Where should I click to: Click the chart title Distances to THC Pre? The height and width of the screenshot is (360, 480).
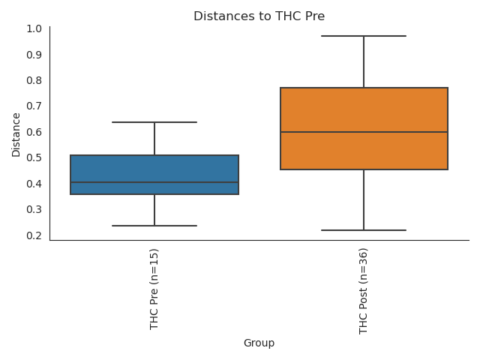coord(259,16)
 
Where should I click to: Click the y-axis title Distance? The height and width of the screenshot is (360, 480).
coord(16,134)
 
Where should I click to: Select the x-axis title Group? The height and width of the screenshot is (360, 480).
coord(259,343)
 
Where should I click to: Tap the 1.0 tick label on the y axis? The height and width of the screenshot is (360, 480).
coord(34,28)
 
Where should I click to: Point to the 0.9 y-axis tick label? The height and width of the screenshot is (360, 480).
coord(34,55)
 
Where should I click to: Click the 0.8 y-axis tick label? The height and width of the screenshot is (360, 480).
coord(34,80)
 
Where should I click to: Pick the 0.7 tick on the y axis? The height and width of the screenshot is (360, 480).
coord(34,106)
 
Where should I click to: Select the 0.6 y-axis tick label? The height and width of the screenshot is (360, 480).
coord(34,132)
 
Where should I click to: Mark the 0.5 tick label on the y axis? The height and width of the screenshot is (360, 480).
coord(34,157)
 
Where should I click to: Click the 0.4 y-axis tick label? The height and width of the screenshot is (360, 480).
coord(34,184)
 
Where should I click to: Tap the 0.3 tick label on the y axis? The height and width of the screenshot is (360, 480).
coord(34,209)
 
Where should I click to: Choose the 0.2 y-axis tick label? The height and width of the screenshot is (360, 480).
coord(34,235)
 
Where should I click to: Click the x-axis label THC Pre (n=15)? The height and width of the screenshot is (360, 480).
coord(154,289)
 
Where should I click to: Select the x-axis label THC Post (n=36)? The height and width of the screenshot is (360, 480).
coord(364,291)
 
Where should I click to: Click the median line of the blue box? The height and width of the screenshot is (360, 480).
coord(154,182)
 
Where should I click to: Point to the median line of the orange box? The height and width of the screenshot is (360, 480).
coord(364,132)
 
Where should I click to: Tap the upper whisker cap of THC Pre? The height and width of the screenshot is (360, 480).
coord(154,122)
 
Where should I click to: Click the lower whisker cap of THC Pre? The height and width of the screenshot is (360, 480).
coord(154,226)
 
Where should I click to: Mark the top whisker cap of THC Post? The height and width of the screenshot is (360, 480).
coord(364,36)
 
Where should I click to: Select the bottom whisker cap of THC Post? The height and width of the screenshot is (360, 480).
coord(364,230)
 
